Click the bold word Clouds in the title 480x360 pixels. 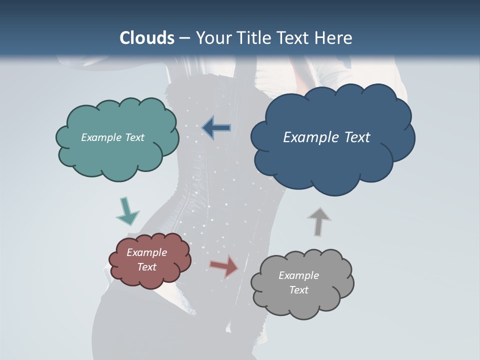[x=146, y=38]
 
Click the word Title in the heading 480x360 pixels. [x=253, y=38]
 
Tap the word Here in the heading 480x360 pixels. [x=333, y=38]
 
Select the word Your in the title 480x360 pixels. [x=213, y=38]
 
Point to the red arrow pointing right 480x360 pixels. [x=224, y=266]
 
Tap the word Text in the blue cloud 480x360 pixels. [x=355, y=137]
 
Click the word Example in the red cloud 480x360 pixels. [x=146, y=252]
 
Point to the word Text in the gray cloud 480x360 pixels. [x=298, y=290]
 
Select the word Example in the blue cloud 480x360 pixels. [x=310, y=137]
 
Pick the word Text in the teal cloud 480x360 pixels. [x=134, y=137]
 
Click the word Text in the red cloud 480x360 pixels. [x=146, y=267]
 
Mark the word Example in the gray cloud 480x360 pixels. [x=298, y=275]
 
